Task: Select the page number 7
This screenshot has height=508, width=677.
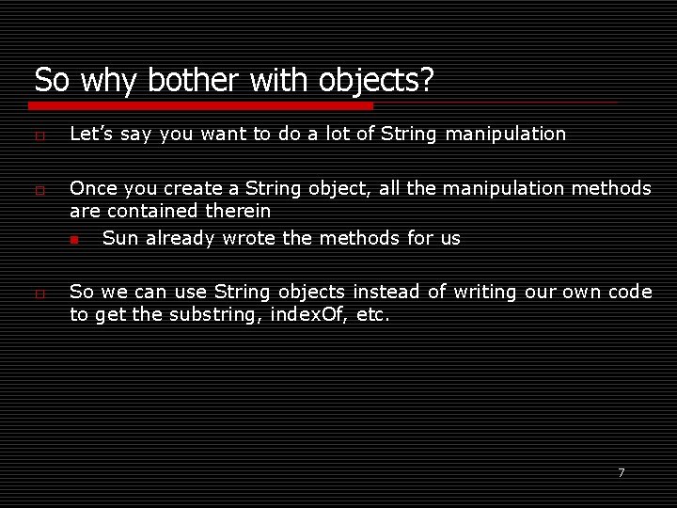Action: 621,472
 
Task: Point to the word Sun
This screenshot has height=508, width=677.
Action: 118,238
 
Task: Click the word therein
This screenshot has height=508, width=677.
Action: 237,211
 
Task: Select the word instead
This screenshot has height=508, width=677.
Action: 386,292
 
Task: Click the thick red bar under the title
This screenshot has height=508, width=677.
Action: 202,105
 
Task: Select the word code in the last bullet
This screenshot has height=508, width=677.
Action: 630,292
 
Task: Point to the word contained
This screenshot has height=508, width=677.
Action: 152,211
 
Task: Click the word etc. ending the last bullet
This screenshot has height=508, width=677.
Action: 373,314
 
